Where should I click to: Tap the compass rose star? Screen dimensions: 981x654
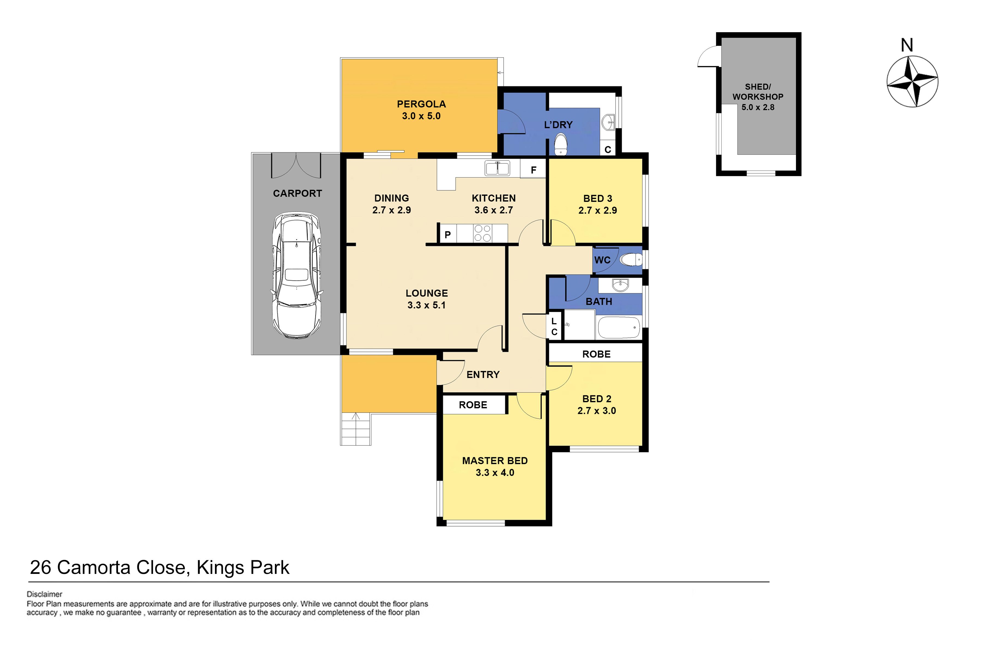912,81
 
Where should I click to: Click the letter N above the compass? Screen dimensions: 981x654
907,45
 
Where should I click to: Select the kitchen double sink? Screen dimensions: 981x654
497,168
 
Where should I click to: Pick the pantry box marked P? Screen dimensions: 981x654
447,234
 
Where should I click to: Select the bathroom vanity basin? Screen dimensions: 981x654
620,285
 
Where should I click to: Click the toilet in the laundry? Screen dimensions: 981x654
561,144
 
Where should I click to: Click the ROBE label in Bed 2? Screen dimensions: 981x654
597,354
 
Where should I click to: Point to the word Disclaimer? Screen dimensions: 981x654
45,594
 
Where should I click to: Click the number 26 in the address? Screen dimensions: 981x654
40,568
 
